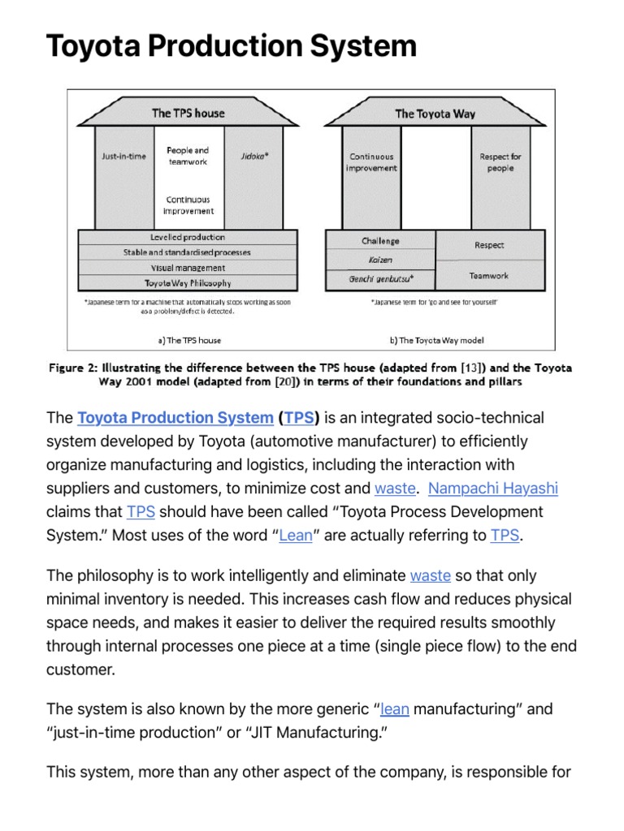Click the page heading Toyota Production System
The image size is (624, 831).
[x=232, y=47]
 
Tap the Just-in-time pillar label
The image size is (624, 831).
[x=123, y=157]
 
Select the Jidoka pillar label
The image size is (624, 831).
[x=254, y=156]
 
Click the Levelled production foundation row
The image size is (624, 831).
[x=188, y=237]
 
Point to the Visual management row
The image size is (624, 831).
[x=188, y=268]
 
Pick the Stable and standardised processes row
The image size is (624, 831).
[x=188, y=252]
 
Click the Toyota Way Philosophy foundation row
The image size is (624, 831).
[x=188, y=283]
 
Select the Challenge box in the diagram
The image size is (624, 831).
[x=380, y=241]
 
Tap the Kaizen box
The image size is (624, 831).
[x=380, y=260]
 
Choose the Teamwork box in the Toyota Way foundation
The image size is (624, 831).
[x=489, y=276]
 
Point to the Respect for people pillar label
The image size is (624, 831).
[x=500, y=162]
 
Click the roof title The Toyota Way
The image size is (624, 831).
[x=435, y=114]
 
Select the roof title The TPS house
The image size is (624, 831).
[x=188, y=113]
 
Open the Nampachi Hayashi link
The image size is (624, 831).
[x=493, y=489]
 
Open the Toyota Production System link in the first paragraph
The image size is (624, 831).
[x=175, y=418]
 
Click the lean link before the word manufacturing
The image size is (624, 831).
[x=395, y=709]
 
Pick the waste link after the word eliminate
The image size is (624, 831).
[x=431, y=576]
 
